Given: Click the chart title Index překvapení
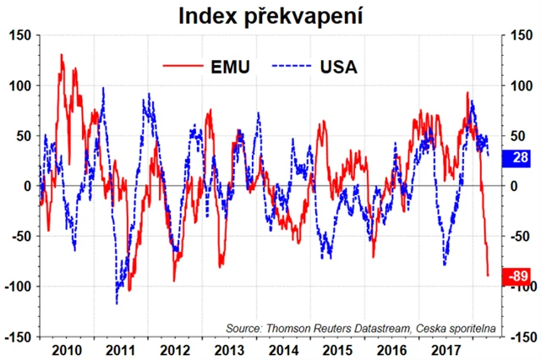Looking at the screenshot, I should pyautogui.click(x=270, y=15).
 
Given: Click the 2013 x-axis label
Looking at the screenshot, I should pyautogui.click(x=229, y=348).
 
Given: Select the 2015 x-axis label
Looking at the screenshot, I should pyautogui.click(x=339, y=348).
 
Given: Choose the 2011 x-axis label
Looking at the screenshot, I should pyautogui.click(x=119, y=348).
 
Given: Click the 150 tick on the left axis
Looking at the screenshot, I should pyautogui.click(x=18, y=35).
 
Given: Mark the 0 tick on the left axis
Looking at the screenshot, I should pyautogui.click(x=26, y=186).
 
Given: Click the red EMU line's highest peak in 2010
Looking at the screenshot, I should pyautogui.click(x=62, y=55).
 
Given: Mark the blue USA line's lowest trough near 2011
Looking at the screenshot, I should pyautogui.click(x=117, y=303).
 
